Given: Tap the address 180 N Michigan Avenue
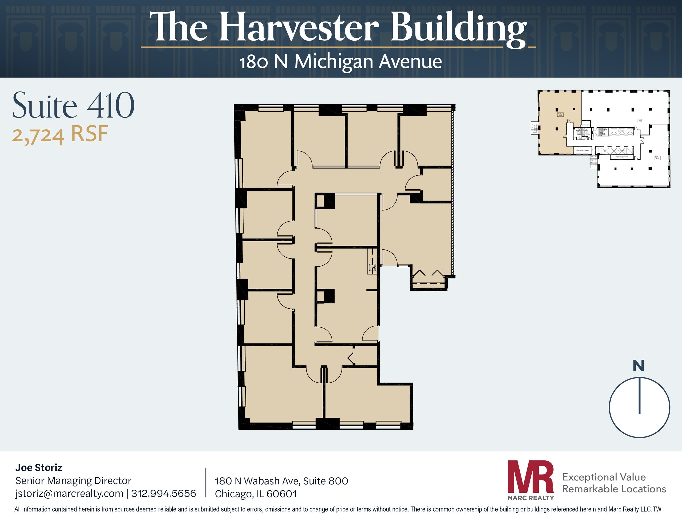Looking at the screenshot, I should tap(341, 62).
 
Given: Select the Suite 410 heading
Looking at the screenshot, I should tap(73, 106).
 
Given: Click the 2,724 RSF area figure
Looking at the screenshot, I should tap(60, 135).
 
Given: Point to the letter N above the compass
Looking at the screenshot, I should tap(638, 366).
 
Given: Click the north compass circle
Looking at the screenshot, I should tap(639, 407).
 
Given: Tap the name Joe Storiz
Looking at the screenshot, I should tap(39, 468).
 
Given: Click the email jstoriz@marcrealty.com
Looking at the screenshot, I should tap(69, 493).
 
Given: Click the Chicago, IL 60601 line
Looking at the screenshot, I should tap(256, 494).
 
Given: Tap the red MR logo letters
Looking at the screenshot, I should tap(530, 477).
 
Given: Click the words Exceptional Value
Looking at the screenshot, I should tap(604, 477).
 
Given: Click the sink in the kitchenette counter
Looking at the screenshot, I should tap(372, 267).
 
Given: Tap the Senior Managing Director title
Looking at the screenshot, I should tap(73, 481).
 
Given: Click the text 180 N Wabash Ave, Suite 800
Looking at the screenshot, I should tap(281, 481).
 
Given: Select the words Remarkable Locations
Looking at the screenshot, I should tap(614, 489).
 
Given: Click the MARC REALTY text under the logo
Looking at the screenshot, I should tap(530, 498).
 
